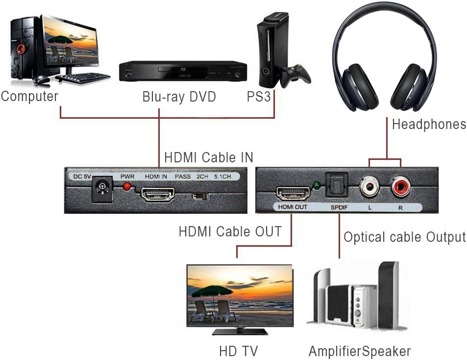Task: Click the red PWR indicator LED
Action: coord(127,186)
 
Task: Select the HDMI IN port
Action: coord(158,195)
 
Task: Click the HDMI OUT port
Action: coord(292,193)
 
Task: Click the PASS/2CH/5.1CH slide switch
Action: coord(199,196)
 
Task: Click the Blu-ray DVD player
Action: coord(183,72)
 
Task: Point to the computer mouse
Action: coord(41,79)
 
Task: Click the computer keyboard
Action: coord(83,77)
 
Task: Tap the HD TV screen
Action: coord(240,296)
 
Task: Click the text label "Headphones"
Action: coord(429,125)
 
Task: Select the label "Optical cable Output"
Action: coord(404,237)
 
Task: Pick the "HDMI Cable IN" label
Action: coord(209,157)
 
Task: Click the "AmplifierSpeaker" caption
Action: coord(359,351)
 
